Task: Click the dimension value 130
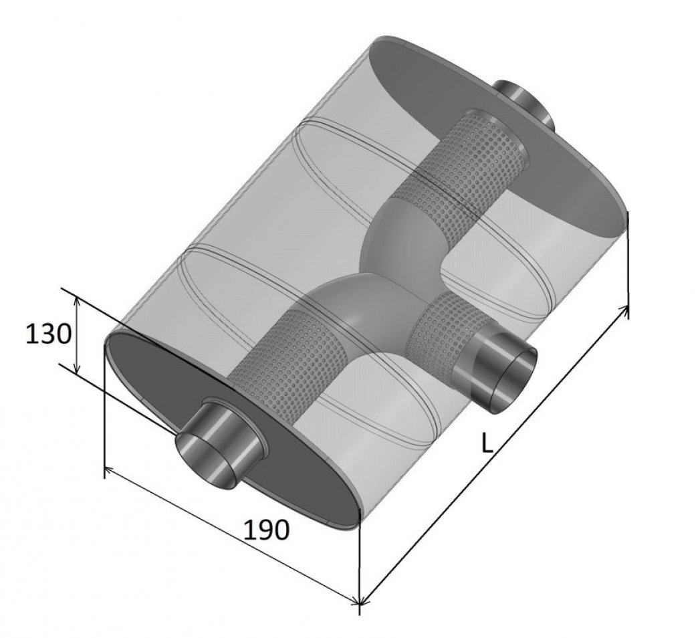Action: (x=48, y=334)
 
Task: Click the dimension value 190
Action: (x=267, y=530)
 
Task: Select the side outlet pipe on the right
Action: (x=495, y=364)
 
